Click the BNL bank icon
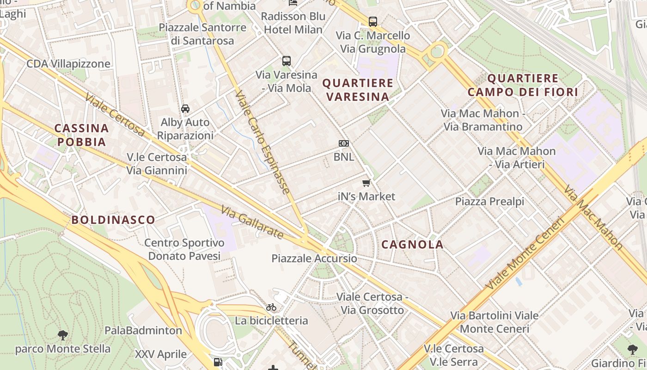point(343,143)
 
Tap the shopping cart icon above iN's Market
point(366,183)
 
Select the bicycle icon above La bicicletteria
point(271,307)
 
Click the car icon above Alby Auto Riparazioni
point(185,109)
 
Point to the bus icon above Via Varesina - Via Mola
point(287,61)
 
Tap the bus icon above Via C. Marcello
point(373,21)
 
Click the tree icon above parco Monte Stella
point(63,335)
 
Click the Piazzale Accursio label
point(314,259)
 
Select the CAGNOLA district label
point(413,245)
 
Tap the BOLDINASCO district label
point(113,220)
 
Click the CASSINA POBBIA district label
point(82,135)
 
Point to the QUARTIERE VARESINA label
point(358,90)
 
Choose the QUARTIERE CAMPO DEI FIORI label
point(523,85)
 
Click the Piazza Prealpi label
point(490,202)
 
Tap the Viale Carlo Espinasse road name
point(262,142)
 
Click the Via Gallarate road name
point(252,222)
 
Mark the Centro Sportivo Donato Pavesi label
point(184,249)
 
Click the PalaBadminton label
point(143,331)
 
